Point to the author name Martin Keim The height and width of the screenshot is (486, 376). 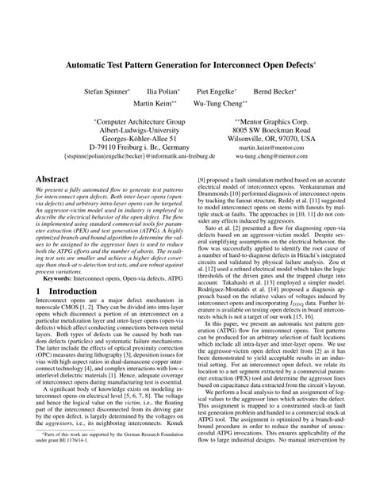pos(155,103)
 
